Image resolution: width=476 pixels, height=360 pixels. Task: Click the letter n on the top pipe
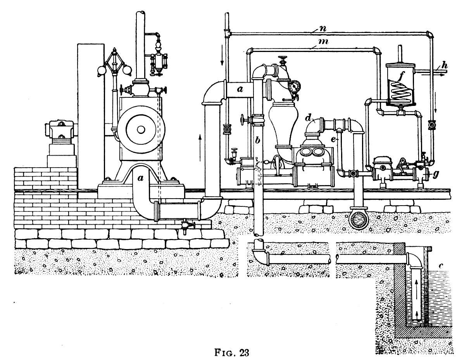(x=323, y=29)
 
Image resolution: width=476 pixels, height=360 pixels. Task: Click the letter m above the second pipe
(x=324, y=42)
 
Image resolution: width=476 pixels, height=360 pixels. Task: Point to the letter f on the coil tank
(x=402, y=77)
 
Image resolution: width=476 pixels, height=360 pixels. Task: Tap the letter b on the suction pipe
(x=257, y=140)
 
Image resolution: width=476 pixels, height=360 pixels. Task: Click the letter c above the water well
(x=441, y=266)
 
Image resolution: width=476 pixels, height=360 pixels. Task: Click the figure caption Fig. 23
(x=231, y=352)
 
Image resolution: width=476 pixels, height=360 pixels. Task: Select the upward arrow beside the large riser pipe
(x=200, y=147)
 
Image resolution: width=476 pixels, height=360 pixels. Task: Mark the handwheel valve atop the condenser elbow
(x=283, y=59)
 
